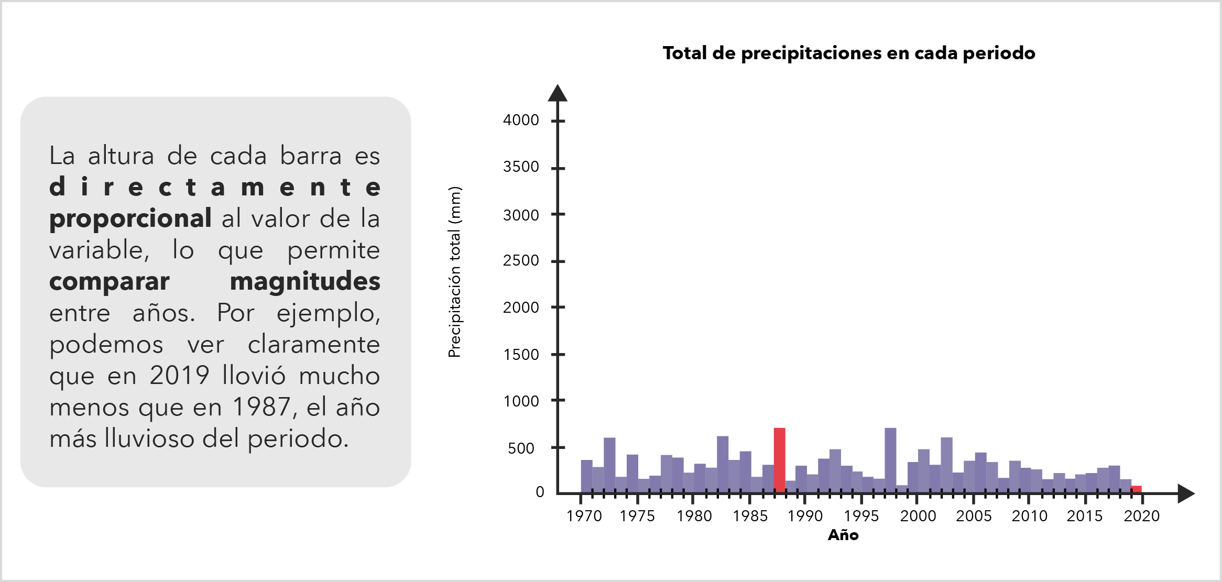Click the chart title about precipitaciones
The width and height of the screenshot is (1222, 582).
point(848,53)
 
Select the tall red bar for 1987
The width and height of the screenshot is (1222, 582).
point(779,460)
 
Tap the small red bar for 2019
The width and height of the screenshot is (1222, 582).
point(1136,489)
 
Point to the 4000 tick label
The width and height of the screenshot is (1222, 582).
point(521,120)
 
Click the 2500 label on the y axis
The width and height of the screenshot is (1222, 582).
point(521,261)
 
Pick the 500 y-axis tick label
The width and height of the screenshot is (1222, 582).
point(521,448)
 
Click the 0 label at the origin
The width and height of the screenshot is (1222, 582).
point(540,492)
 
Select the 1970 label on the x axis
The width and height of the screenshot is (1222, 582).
point(584,517)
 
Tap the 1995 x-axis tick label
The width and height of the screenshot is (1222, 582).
point(861,517)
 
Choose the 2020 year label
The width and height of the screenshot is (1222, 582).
point(1141,517)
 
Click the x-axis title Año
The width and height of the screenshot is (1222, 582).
point(843,535)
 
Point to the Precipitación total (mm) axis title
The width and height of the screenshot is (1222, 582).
point(455,272)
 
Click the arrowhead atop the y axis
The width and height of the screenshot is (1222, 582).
point(558,93)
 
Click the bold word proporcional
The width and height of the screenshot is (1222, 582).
point(130,219)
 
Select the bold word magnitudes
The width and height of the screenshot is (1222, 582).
point(305,282)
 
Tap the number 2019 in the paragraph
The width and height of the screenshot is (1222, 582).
point(179,376)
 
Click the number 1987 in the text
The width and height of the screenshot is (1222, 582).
point(261,407)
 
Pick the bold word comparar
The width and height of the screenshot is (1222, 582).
point(110,282)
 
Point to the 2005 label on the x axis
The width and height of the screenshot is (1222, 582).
point(974,517)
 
